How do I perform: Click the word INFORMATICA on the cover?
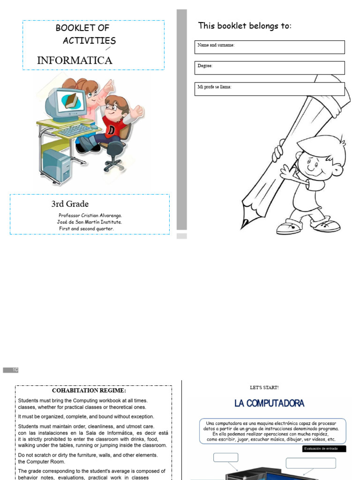pos(75,60)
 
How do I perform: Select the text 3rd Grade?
pos(70,204)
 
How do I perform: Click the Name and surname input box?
pos(270,47)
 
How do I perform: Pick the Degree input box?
pos(270,68)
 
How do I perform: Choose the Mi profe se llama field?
pos(270,89)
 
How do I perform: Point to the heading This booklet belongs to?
pos(245,26)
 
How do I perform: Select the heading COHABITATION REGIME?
pos(89,390)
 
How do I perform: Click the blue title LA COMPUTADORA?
pos(269,403)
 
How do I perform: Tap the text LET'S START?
pos(264,388)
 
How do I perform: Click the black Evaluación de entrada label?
pos(324,449)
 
